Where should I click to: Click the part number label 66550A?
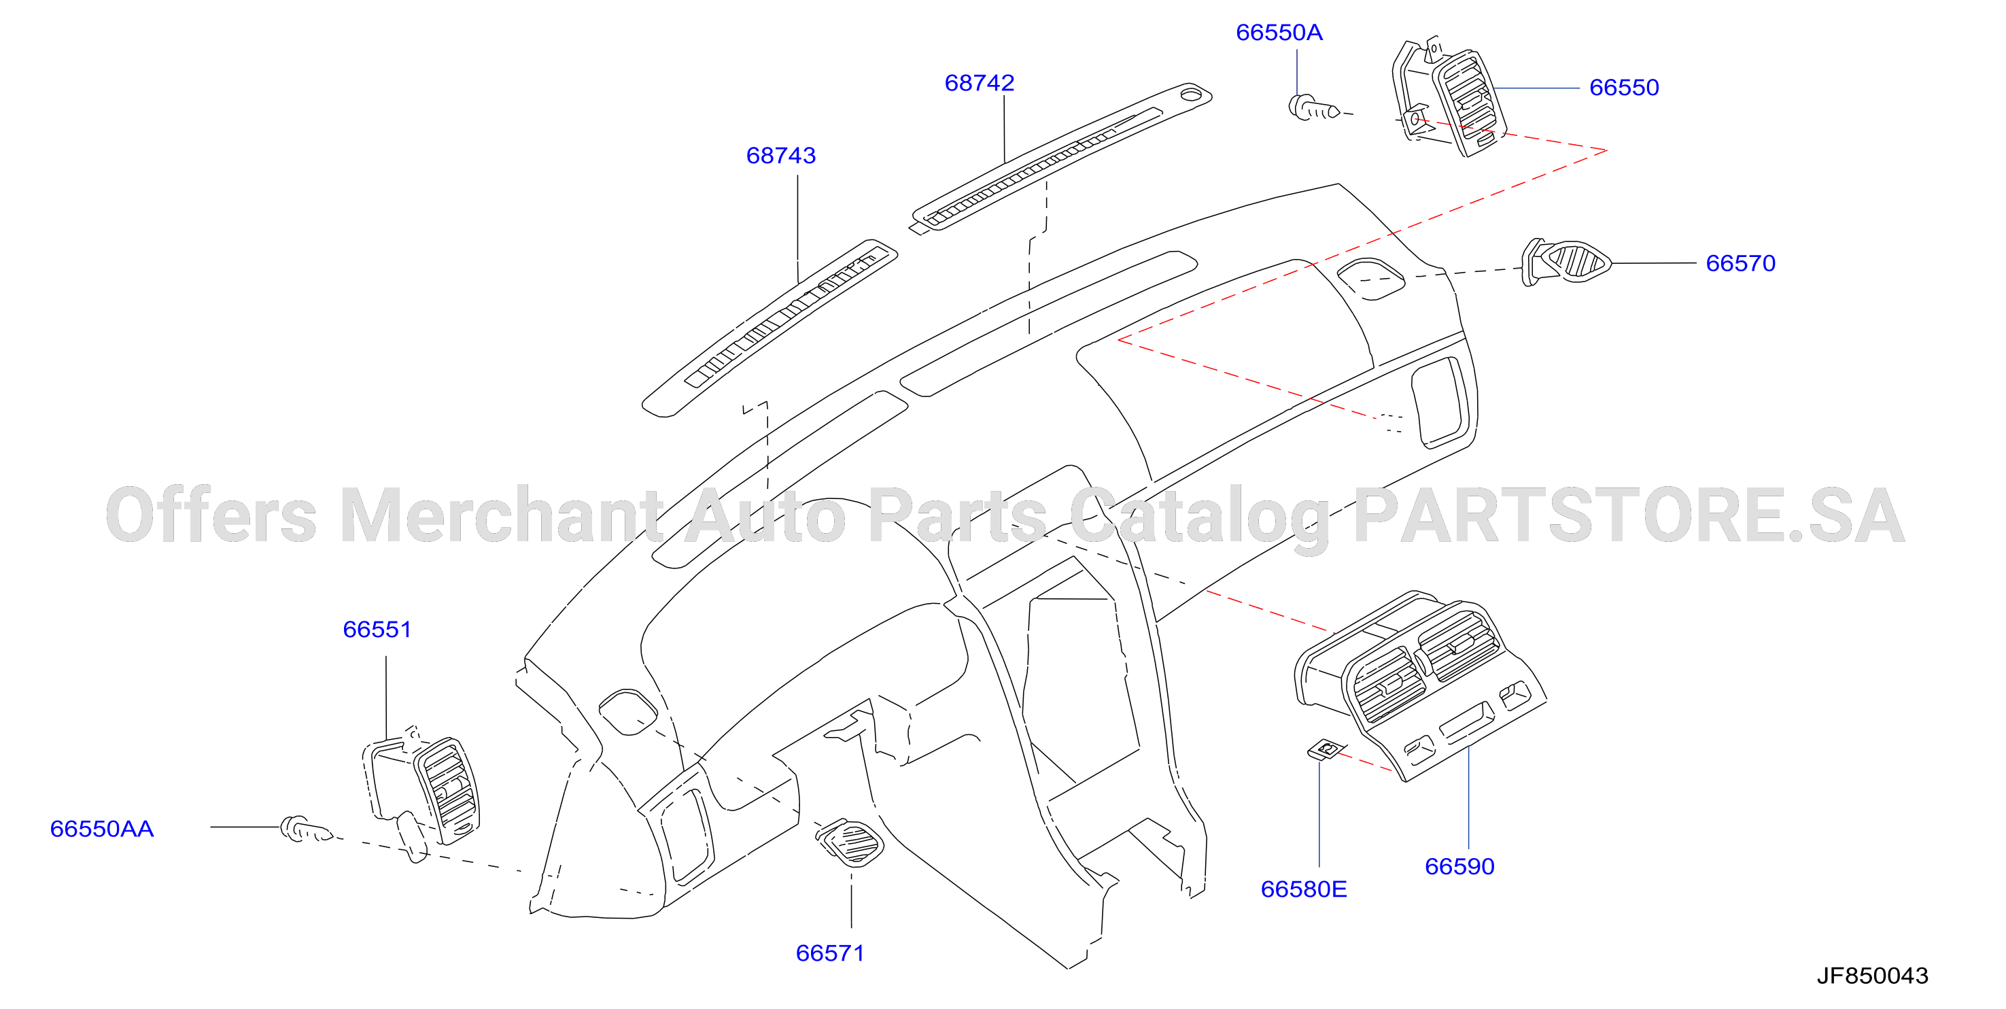click(1279, 33)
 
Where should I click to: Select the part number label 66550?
click(1624, 87)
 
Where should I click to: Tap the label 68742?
click(979, 82)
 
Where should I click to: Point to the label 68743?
click(780, 155)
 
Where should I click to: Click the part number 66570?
click(1740, 263)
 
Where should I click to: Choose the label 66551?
click(377, 630)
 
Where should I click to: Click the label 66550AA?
click(102, 828)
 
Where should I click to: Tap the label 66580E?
click(1304, 889)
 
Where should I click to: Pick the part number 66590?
click(1459, 866)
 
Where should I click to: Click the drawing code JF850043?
click(1872, 976)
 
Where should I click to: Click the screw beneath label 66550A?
click(1314, 108)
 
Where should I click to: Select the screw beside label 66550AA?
click(306, 829)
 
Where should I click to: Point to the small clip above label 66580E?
click(1327, 749)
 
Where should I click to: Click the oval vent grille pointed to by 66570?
click(1566, 262)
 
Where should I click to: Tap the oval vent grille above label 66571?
click(850, 842)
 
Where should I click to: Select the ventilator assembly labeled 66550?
click(1449, 97)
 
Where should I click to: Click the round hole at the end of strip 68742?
click(1191, 95)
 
